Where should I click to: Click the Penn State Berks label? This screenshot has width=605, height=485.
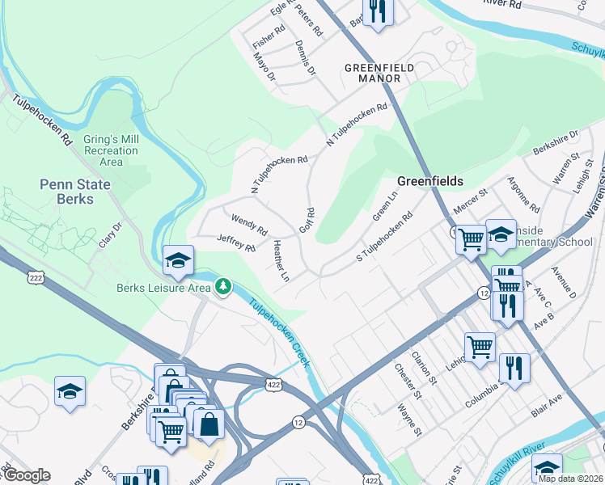[75, 192]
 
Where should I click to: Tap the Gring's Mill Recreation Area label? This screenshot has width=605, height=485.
[111, 150]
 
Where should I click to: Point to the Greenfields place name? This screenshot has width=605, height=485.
[429, 181]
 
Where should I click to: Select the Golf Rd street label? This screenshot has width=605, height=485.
[307, 220]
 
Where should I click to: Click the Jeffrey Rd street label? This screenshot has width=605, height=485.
[236, 241]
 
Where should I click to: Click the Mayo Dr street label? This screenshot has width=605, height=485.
[264, 67]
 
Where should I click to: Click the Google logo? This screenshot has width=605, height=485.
[27, 475]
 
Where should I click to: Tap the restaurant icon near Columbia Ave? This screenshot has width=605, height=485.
[514, 367]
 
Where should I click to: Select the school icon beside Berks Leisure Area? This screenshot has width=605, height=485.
[178, 259]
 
